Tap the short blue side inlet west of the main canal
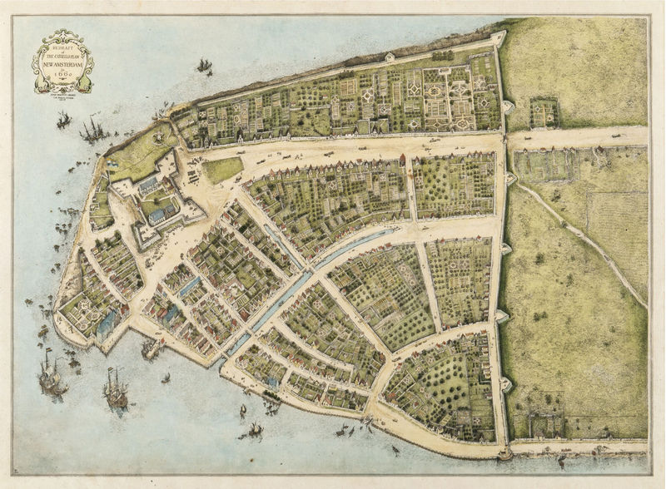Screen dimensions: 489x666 [x=190, y=287]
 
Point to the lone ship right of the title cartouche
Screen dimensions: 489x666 [x=203, y=66]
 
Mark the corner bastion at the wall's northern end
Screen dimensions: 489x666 [x=497, y=38]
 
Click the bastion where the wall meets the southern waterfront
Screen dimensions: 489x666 [x=504, y=453]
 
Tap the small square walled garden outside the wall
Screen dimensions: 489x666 [x=544, y=112]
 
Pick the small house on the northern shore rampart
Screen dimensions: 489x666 [x=389, y=57]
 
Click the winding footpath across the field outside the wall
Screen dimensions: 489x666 [x=583, y=241]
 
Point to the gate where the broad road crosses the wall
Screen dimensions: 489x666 [x=504, y=137]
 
